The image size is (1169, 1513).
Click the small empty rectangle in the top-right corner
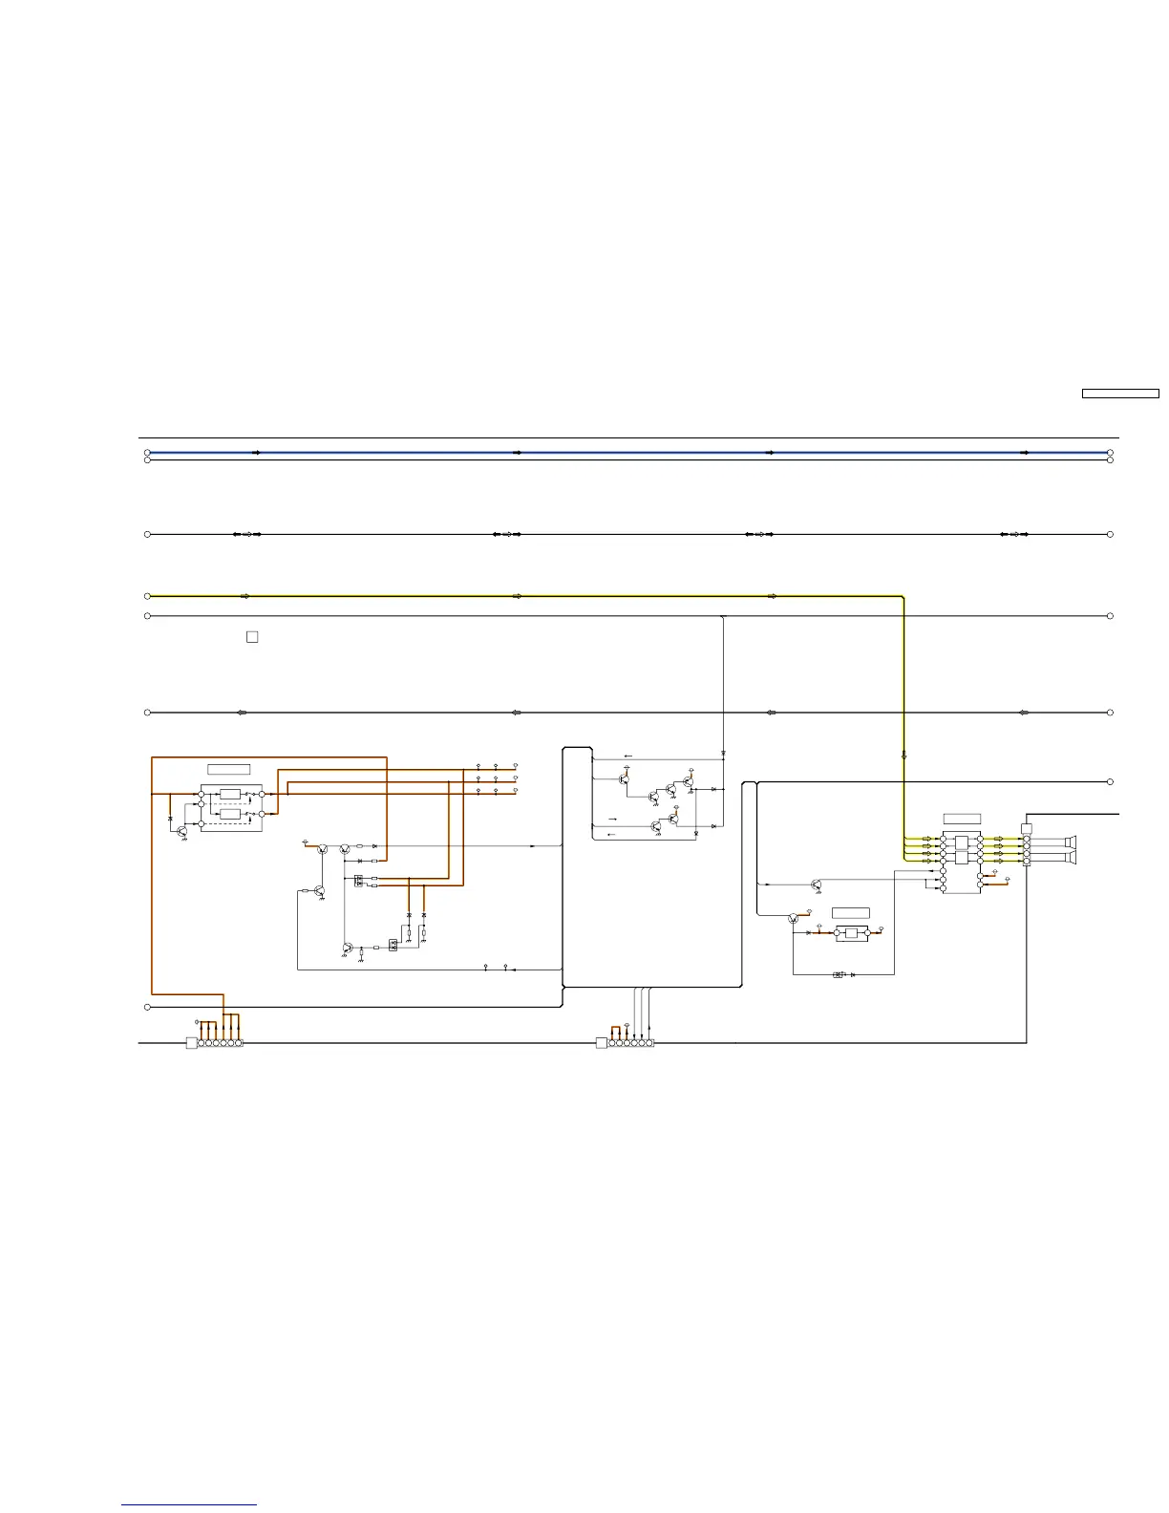[1119, 393]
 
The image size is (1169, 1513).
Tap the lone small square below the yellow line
[252, 636]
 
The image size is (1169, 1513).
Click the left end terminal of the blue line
[147, 453]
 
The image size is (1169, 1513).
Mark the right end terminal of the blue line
[1110, 453]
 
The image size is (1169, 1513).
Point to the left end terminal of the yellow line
[147, 596]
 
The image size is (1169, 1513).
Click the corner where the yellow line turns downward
[903, 597]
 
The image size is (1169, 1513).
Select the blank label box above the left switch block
[229, 769]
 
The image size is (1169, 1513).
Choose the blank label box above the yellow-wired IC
[962, 819]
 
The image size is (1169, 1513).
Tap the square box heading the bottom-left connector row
[191, 1043]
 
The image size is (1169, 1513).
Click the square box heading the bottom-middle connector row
[601, 1043]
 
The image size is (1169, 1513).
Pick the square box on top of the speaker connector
[1027, 828]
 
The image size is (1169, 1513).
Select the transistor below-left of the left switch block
[181, 830]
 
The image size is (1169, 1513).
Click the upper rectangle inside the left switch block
[229, 794]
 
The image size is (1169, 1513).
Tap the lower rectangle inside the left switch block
[229, 814]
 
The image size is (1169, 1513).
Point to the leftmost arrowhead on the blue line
[256, 453]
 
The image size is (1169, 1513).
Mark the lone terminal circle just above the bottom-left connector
[147, 1008]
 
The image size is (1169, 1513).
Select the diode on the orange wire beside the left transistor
[170, 820]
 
